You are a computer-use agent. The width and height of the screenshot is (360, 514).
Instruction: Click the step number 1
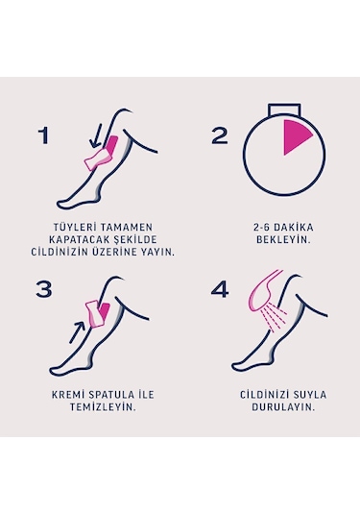43,135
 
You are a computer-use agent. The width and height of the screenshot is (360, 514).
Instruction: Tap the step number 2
220,135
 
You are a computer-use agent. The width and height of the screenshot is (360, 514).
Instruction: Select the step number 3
43,289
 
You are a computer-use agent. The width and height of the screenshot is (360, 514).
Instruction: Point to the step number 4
221,289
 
